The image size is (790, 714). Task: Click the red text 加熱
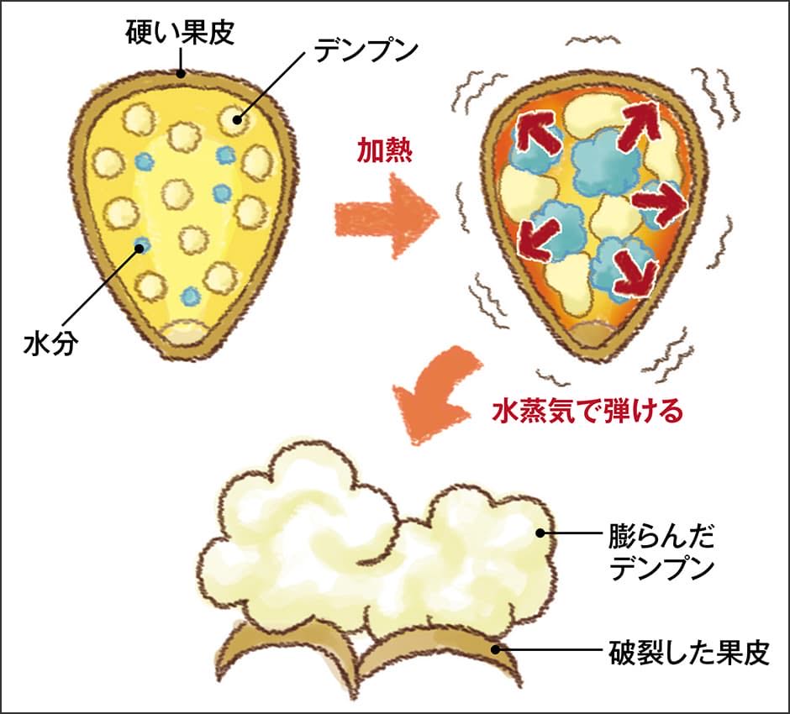coord(385,151)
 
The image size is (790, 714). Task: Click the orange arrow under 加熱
coord(386,220)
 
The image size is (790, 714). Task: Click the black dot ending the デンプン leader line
coord(238,119)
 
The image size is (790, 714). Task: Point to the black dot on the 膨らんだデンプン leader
coord(542,532)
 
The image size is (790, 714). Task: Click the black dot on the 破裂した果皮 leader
coord(498,648)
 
